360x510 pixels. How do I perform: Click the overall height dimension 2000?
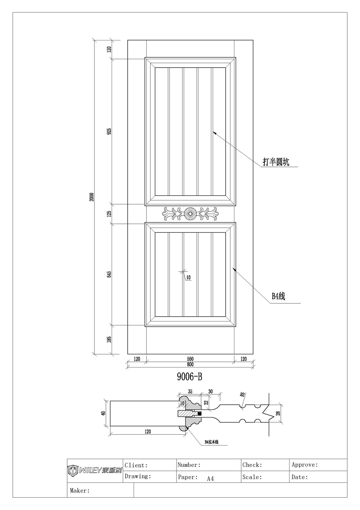pyautogui.click(x=92, y=197)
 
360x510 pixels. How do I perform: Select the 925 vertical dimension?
pyautogui.click(x=109, y=132)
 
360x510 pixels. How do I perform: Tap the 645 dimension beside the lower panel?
pyautogui.click(x=109, y=274)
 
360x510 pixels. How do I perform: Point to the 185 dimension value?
pyautogui.click(x=109, y=339)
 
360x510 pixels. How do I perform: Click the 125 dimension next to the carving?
pyautogui.click(x=109, y=213)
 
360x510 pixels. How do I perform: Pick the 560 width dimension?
pyautogui.click(x=190, y=359)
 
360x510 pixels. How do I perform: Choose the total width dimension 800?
pyautogui.click(x=190, y=365)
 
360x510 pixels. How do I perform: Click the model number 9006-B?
pyautogui.click(x=190, y=376)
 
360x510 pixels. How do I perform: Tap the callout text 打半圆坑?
pyautogui.click(x=276, y=162)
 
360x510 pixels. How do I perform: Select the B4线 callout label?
pyautogui.click(x=278, y=297)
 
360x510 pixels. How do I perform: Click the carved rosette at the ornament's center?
pyautogui.click(x=189, y=213)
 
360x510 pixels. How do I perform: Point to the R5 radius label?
pyautogui.click(x=243, y=394)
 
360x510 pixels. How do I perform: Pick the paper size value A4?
pyautogui.click(x=210, y=478)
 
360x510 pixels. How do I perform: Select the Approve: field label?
pyautogui.click(x=305, y=465)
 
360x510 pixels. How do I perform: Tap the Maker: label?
pyautogui.click(x=80, y=490)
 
